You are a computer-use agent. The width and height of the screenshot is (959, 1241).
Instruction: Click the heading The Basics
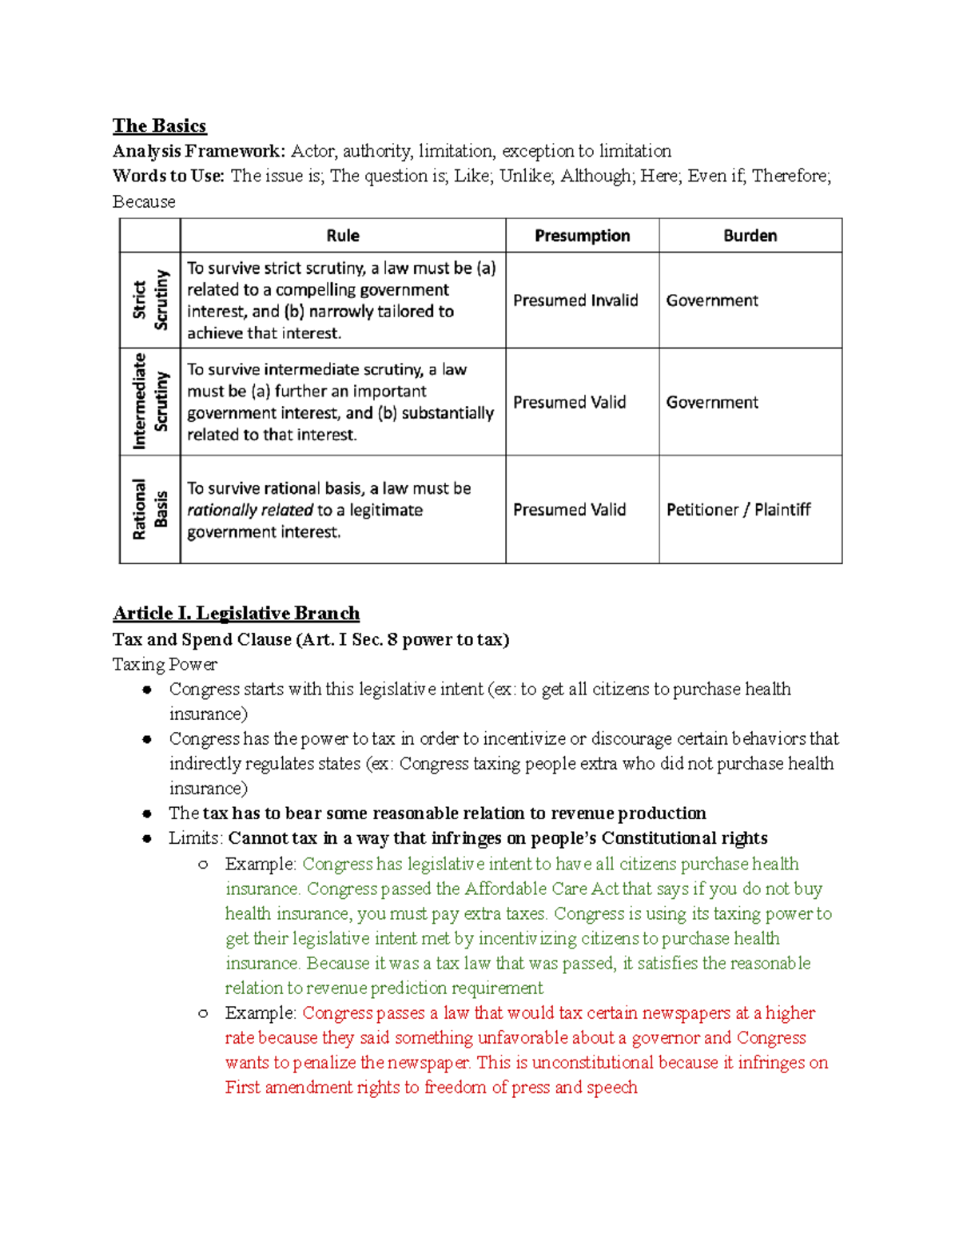click(159, 126)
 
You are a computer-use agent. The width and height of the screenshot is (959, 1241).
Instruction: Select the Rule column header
click(343, 236)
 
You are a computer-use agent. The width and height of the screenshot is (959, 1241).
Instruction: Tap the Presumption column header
click(582, 236)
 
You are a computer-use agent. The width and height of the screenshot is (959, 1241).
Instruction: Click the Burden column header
click(750, 236)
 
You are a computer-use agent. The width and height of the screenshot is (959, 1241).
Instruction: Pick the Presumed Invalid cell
click(575, 300)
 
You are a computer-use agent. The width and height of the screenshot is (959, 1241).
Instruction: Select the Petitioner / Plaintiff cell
click(738, 510)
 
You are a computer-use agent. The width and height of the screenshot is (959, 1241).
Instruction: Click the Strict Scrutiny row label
click(150, 300)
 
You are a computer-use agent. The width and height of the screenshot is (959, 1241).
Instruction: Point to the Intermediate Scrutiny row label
click(150, 401)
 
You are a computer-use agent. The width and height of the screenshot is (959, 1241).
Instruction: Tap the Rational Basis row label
click(150, 510)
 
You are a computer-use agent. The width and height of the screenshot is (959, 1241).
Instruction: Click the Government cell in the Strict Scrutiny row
click(712, 300)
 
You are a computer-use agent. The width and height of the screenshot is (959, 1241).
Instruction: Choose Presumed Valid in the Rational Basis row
click(569, 510)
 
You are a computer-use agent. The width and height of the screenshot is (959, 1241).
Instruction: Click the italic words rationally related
click(250, 510)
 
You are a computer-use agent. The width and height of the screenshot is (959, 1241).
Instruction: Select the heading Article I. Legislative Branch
click(236, 614)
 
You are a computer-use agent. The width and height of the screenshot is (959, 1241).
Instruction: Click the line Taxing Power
click(165, 665)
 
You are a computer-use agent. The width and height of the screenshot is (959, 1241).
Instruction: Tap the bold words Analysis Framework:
click(198, 151)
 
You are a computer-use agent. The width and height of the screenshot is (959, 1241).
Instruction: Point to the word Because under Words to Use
click(144, 202)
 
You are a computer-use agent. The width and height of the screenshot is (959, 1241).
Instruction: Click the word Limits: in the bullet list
click(196, 838)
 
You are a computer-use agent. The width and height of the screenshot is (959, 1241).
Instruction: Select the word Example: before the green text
click(261, 864)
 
